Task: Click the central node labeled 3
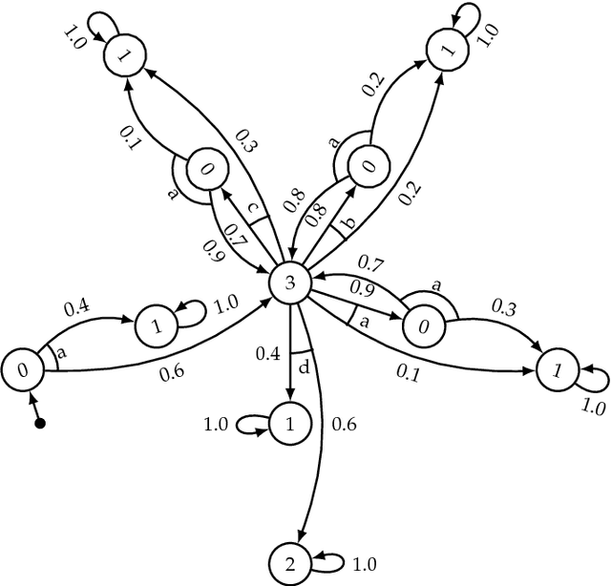pyautogui.click(x=288, y=283)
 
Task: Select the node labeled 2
pyautogui.click(x=289, y=562)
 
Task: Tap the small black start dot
pyautogui.click(x=39, y=423)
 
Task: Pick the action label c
pyautogui.click(x=252, y=209)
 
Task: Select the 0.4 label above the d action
pyautogui.click(x=268, y=353)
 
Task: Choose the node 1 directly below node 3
pyautogui.click(x=289, y=424)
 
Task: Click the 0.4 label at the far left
pyautogui.click(x=76, y=307)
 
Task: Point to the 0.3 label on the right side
pyautogui.click(x=505, y=306)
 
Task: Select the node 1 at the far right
pyautogui.click(x=556, y=368)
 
